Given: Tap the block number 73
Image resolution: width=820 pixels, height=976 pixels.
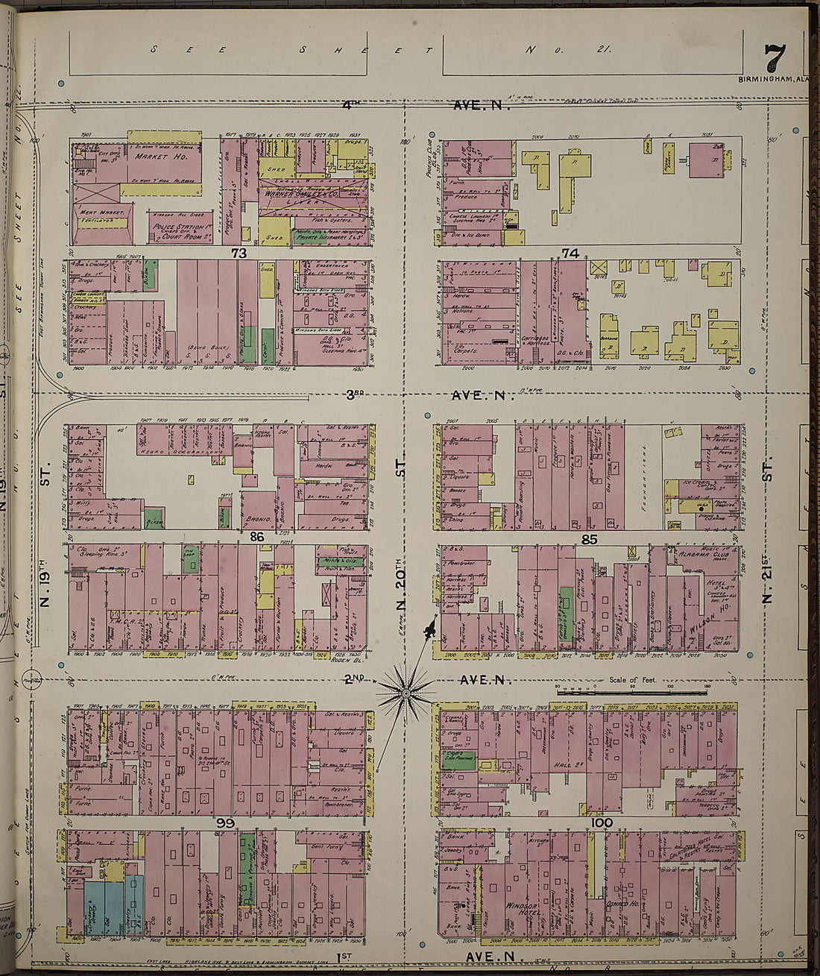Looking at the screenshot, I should coord(239,254).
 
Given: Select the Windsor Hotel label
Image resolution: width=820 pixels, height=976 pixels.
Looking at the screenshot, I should coord(521,910).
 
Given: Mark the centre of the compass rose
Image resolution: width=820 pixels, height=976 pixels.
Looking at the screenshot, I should coord(406,694).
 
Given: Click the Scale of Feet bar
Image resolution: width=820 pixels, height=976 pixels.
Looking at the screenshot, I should coord(631,690).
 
